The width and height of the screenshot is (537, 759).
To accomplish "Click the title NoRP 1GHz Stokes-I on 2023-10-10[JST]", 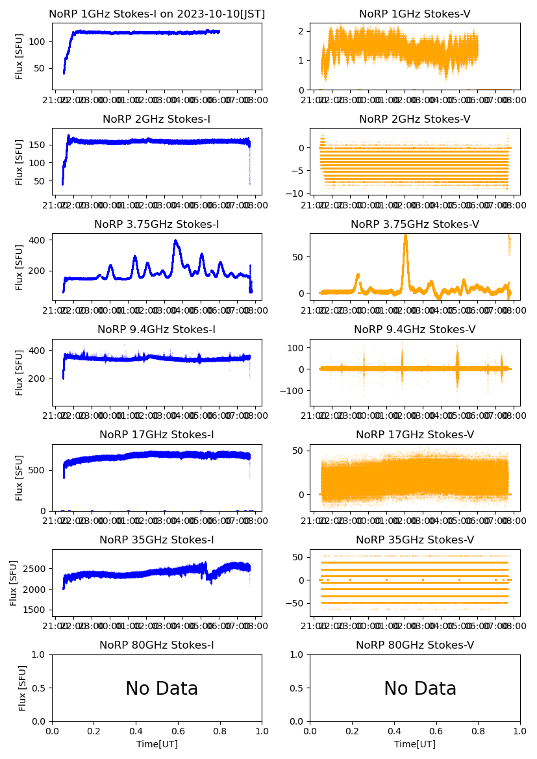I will [x=156, y=14].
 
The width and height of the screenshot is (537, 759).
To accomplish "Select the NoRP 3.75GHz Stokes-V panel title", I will [x=415, y=225].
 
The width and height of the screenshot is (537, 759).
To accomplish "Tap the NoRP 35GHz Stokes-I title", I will [x=156, y=540].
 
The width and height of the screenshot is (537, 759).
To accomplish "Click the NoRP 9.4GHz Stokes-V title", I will [x=415, y=330].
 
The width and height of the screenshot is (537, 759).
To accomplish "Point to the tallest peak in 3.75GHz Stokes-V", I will [x=405, y=236].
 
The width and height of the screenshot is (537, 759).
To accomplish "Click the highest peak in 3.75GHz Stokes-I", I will [x=175, y=241].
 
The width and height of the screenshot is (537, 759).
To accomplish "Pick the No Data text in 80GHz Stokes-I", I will [x=162, y=689].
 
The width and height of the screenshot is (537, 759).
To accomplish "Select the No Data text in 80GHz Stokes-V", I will [x=420, y=689].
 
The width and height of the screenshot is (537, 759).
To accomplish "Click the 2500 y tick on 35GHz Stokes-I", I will [x=36, y=569].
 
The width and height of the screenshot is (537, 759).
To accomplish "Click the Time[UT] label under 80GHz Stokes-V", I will [x=415, y=744].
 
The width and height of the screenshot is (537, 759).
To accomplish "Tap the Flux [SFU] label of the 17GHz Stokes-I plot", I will [x=19, y=478].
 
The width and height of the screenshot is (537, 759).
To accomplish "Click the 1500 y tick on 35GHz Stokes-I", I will [x=36, y=610].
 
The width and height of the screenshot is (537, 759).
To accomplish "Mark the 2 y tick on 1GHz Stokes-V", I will [x=301, y=31].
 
